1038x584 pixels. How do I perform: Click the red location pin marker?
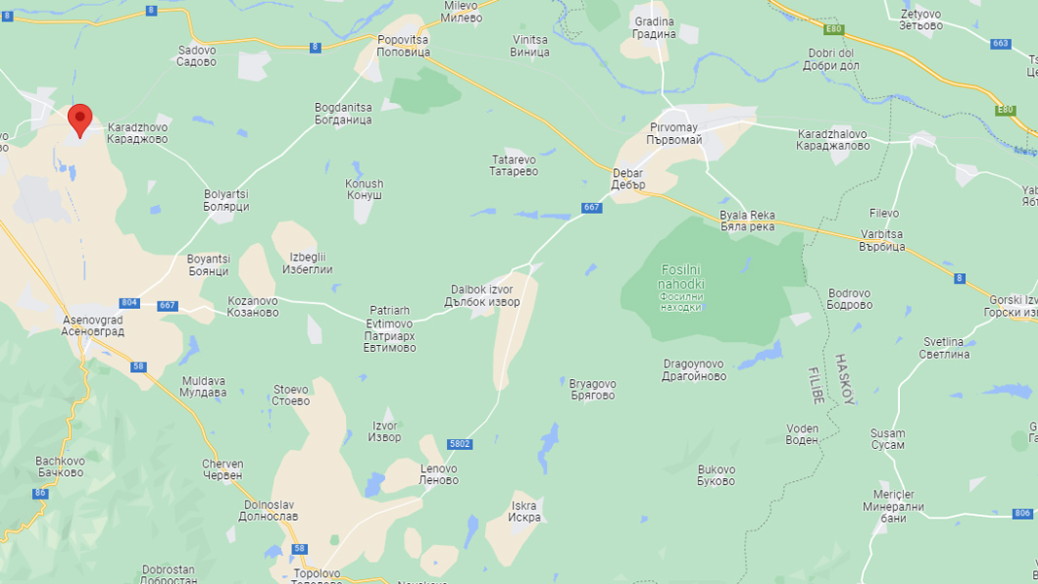80,120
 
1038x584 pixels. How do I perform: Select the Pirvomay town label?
675,134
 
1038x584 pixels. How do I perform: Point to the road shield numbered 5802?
461,444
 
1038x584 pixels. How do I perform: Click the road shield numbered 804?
129,303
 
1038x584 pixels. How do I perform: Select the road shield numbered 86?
40,494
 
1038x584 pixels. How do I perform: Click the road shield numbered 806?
1022,513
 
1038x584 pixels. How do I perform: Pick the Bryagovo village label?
593,390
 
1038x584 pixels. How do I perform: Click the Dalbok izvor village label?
485,295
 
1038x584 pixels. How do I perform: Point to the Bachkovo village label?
59,466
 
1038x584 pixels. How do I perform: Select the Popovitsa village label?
402,46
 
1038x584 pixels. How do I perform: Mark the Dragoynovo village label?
695,370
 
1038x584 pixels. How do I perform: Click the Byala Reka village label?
746,221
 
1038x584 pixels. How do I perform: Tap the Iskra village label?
524,511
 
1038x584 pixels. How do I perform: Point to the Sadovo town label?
196,55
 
